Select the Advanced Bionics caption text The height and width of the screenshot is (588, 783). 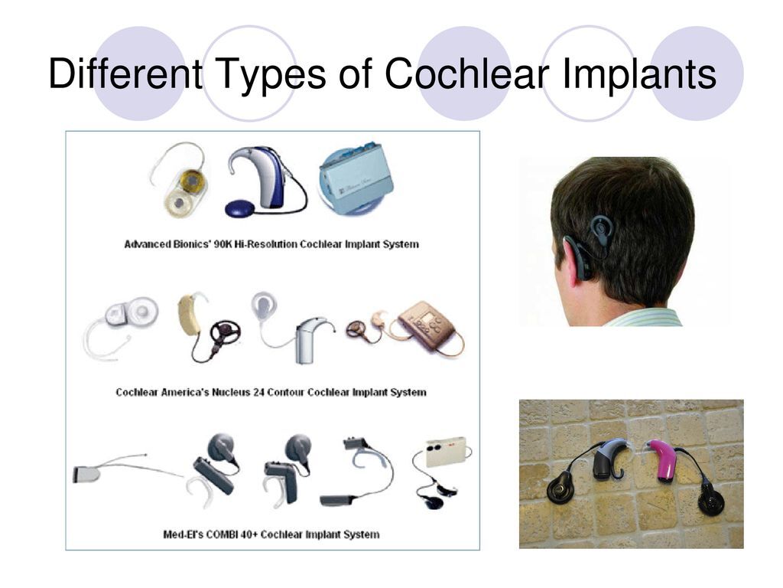[x=271, y=244]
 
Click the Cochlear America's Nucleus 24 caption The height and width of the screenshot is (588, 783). [x=271, y=392]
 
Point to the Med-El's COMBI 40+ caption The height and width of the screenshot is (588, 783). [x=271, y=534]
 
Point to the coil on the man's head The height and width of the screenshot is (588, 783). [x=602, y=227]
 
